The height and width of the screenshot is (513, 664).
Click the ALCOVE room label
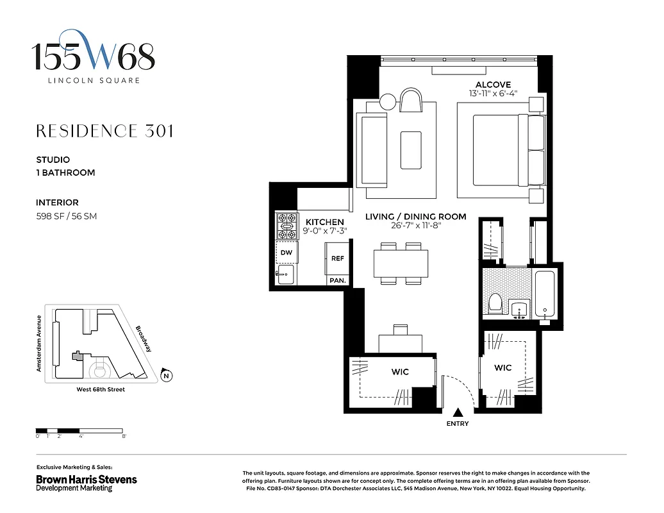pos(493,85)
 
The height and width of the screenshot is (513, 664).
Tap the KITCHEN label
pos(324,222)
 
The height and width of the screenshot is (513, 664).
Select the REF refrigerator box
pos(337,258)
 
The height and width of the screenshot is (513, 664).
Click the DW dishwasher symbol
pos(286,253)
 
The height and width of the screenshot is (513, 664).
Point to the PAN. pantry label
pos(337,281)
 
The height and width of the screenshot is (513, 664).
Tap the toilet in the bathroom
pos(495,303)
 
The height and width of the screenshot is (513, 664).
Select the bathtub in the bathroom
pos(545,294)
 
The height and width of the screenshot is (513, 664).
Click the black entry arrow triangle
pos(458,413)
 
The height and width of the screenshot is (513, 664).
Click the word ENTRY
pos(458,424)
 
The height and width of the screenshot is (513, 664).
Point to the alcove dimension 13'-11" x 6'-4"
pos(493,94)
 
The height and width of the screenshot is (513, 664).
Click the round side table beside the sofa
pos(388,103)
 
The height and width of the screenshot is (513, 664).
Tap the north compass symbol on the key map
pos(166,376)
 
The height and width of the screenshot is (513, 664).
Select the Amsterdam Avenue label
pos(39,343)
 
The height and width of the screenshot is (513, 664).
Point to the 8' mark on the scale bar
pos(124,436)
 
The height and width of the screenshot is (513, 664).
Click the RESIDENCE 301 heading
pos(104,131)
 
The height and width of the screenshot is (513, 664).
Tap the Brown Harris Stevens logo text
pos(87,479)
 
